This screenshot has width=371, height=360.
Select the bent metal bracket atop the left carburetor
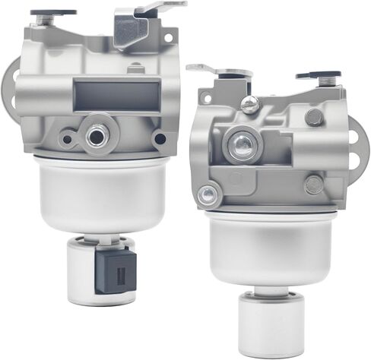141,23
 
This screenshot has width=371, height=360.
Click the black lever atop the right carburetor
318,76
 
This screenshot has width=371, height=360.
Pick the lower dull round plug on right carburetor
312,184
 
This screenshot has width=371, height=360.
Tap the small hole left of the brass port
67,140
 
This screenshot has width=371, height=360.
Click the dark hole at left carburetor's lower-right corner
159,139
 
